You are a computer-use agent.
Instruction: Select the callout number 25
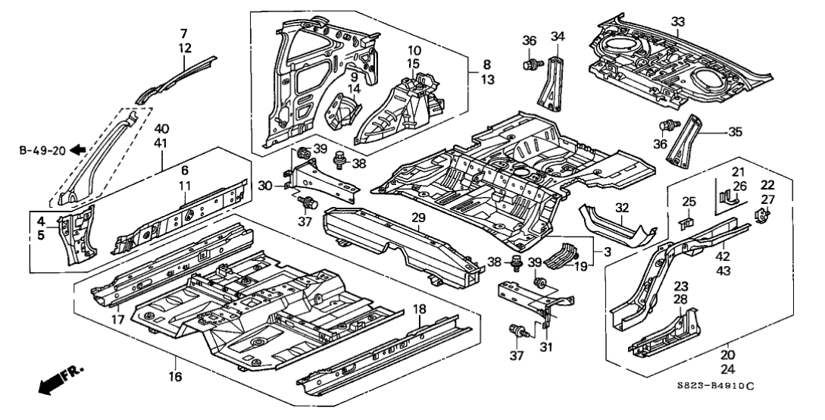(x=688, y=202)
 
